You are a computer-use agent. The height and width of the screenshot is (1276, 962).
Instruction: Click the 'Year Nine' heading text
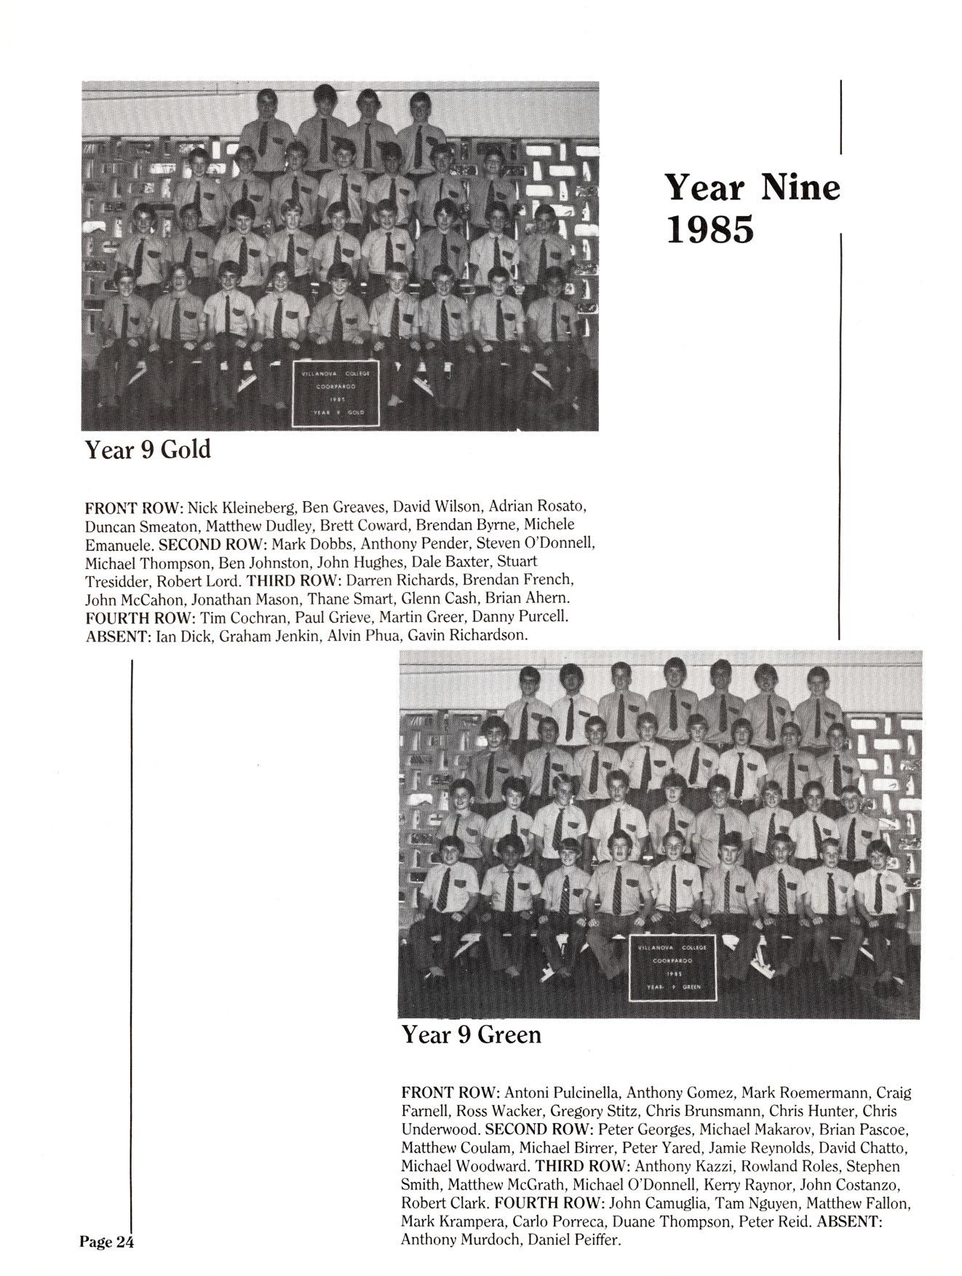coord(752,188)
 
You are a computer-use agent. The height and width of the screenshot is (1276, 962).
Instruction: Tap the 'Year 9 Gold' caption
coord(148,450)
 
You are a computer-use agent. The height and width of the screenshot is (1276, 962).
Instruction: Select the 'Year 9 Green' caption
coord(471,1034)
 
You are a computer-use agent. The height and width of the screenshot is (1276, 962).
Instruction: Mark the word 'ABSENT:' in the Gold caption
coord(119,635)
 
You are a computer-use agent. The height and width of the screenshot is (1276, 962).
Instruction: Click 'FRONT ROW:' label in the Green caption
coord(450,1093)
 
